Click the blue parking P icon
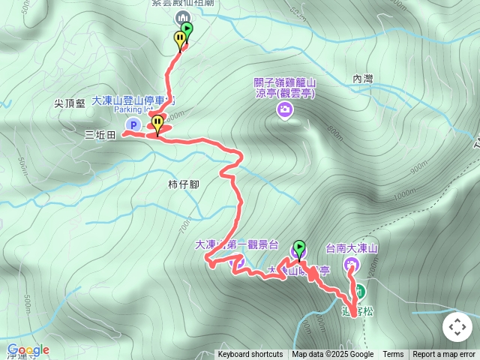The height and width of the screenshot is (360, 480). coord(133,125)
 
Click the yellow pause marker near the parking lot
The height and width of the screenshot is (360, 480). coord(157,122)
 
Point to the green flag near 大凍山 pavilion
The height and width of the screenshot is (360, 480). coord(299,247)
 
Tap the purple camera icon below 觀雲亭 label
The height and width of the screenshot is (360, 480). coord(285,111)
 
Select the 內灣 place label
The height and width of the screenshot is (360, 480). coord(363,79)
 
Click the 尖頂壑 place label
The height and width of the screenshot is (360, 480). coord(70,103)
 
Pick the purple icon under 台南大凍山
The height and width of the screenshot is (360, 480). coord(351,264)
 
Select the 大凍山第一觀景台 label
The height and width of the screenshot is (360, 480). coord(236,244)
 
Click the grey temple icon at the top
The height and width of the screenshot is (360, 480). coord(181,17)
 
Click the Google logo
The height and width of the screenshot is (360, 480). coord(28,350)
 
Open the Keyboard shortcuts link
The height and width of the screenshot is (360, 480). coord(250,355)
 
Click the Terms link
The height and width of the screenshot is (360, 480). coord(393,355)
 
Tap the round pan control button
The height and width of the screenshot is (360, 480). coord(457,327)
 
